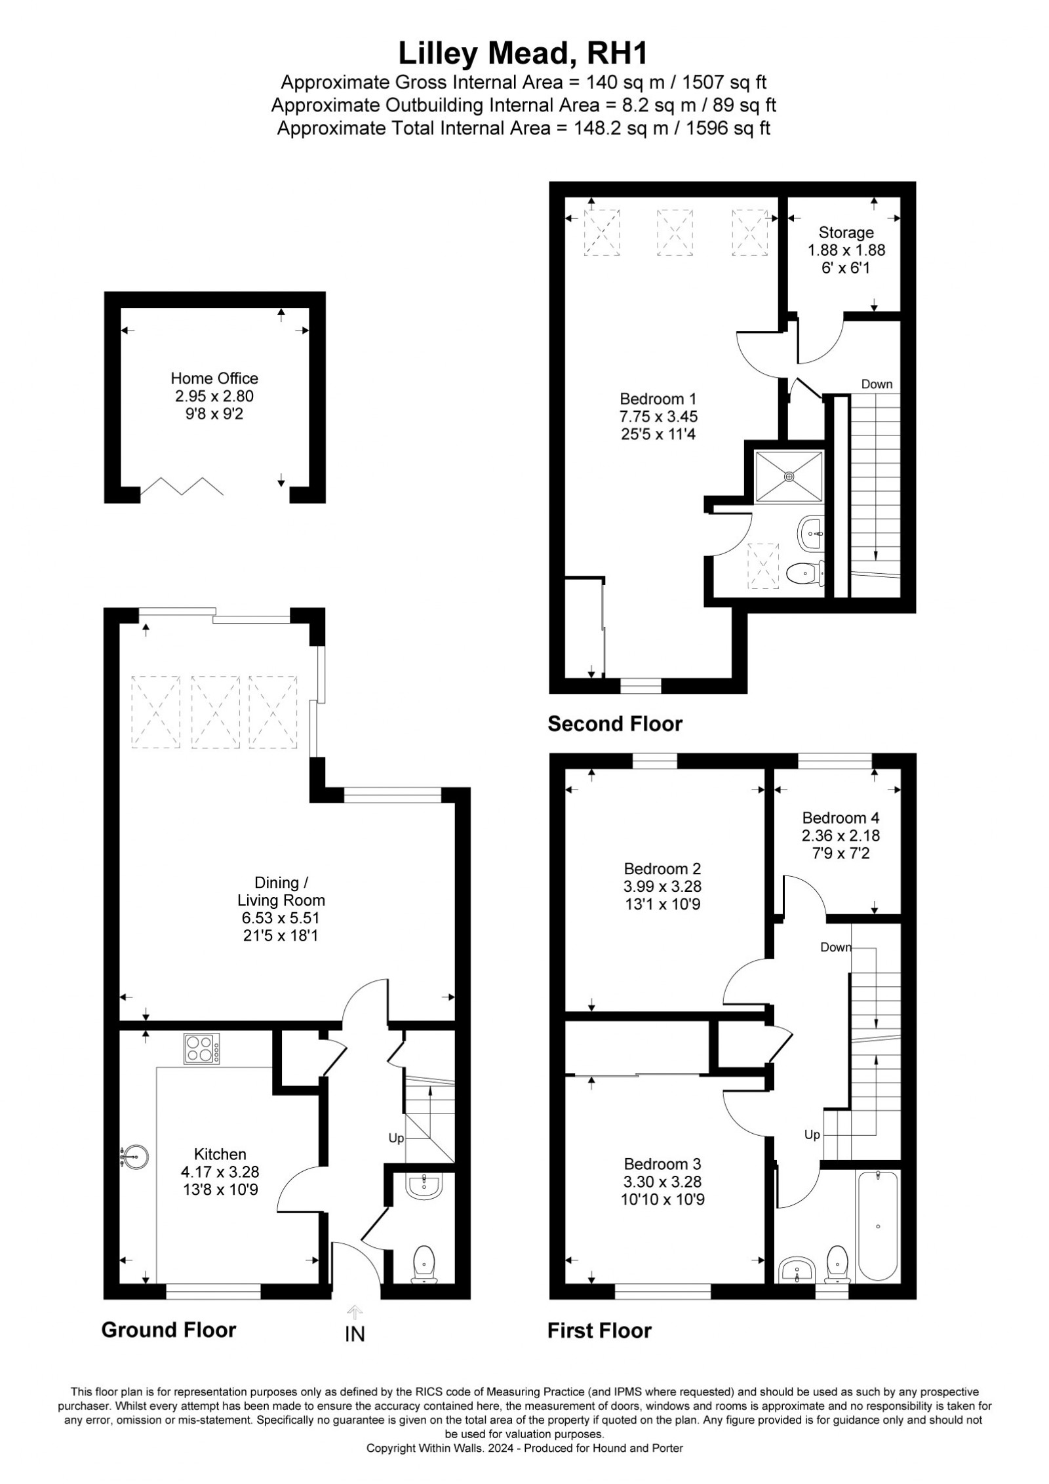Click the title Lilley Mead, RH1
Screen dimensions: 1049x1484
pos(523,54)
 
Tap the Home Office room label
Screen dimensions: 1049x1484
pos(214,378)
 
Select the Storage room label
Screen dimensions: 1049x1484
pos(846,232)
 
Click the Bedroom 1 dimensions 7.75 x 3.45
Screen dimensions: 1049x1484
pos(659,416)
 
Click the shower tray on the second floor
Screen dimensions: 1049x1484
pos(789,477)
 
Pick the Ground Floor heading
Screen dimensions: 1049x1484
pos(168,1329)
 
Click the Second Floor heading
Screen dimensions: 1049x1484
pos(615,724)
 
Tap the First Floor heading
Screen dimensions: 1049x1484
pos(600,1331)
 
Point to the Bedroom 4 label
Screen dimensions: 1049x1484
pos(841,818)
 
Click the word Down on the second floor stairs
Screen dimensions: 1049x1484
pos(877,384)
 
